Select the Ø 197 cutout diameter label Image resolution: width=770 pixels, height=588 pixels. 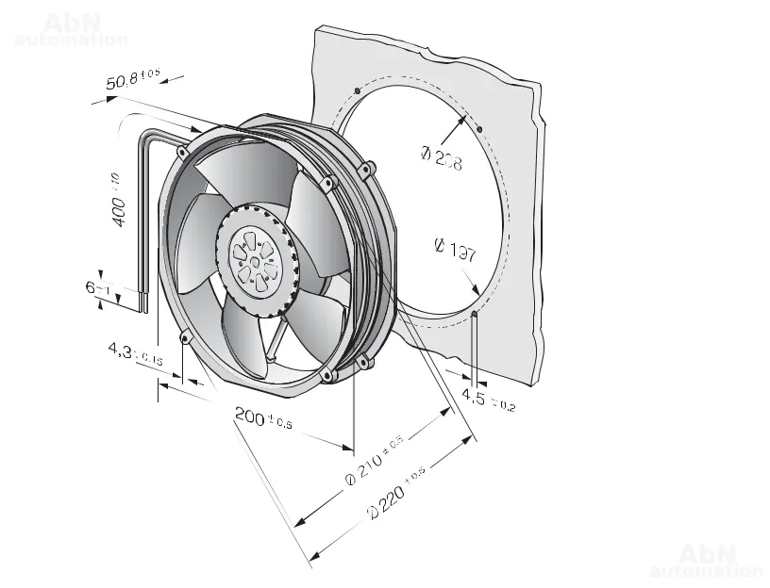click(455, 251)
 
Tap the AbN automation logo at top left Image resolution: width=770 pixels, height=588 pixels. click(72, 30)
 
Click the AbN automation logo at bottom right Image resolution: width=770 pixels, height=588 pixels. click(707, 560)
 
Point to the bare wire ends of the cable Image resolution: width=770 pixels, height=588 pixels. click(143, 302)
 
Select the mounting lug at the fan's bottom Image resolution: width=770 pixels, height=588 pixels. click(329, 376)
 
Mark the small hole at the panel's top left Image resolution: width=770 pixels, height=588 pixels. click(355, 90)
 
